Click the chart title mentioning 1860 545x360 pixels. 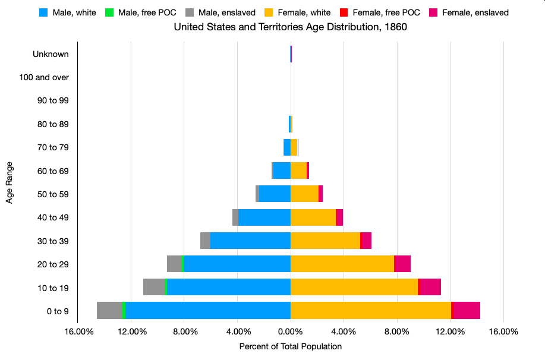pyautogui.click(x=290, y=27)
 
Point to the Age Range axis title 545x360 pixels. pyautogui.click(x=10, y=182)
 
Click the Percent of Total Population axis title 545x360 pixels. pyautogui.click(x=290, y=346)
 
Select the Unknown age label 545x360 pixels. pyautogui.click(x=51, y=54)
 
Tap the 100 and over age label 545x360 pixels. pyautogui.click(x=44, y=77)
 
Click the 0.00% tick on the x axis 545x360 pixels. pyautogui.click(x=291, y=331)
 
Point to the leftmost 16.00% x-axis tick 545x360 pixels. pyautogui.click(x=78, y=331)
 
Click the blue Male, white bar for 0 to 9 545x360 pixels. pyautogui.click(x=208, y=311)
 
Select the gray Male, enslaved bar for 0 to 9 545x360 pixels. pyautogui.click(x=109, y=311)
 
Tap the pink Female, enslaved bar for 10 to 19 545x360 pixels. pyautogui.click(x=430, y=288)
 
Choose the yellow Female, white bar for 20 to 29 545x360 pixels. pyautogui.click(x=342, y=264)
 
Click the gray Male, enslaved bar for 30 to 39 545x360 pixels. pyautogui.click(x=205, y=241)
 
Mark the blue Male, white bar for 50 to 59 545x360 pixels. pyautogui.click(x=275, y=194)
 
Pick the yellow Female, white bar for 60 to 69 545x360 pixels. pyautogui.click(x=298, y=170)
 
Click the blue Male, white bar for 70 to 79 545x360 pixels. pyautogui.click(x=287, y=147)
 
